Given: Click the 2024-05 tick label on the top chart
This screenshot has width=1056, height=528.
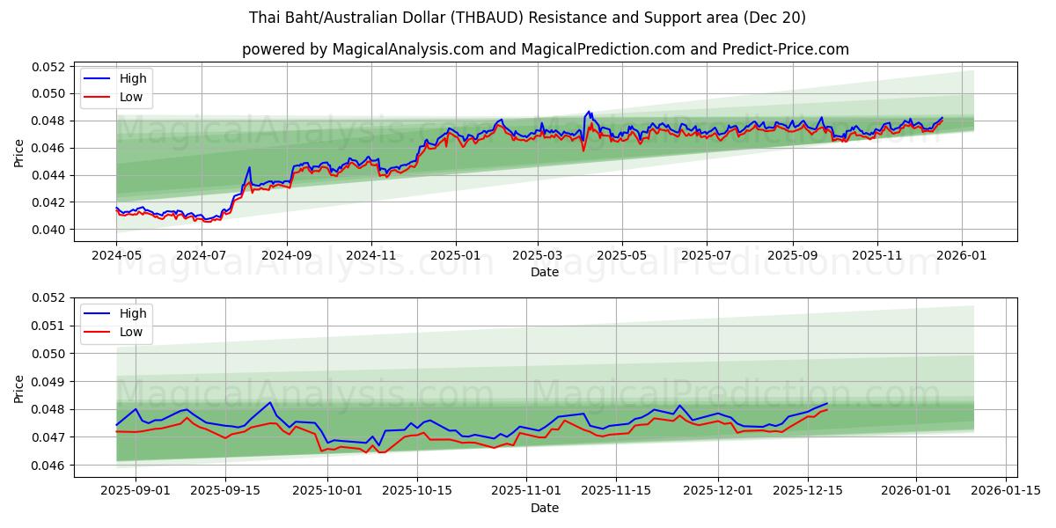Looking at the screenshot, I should tap(116, 254).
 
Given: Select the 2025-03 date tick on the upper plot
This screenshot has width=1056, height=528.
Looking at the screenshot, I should tap(539, 254).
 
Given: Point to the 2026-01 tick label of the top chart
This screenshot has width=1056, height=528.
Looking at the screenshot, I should tap(961, 254).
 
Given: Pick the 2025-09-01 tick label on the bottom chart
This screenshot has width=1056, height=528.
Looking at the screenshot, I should tap(136, 490).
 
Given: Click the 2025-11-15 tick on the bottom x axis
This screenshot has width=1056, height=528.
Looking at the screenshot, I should tap(615, 490).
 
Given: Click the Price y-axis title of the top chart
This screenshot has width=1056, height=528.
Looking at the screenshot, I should tap(19, 151).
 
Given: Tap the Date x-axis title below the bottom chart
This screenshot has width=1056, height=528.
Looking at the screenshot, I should tap(544, 508).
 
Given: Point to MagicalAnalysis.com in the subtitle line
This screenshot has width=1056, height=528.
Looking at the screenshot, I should tap(407, 49).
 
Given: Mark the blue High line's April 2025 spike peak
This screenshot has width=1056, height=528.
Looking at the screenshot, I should tap(589, 112).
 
